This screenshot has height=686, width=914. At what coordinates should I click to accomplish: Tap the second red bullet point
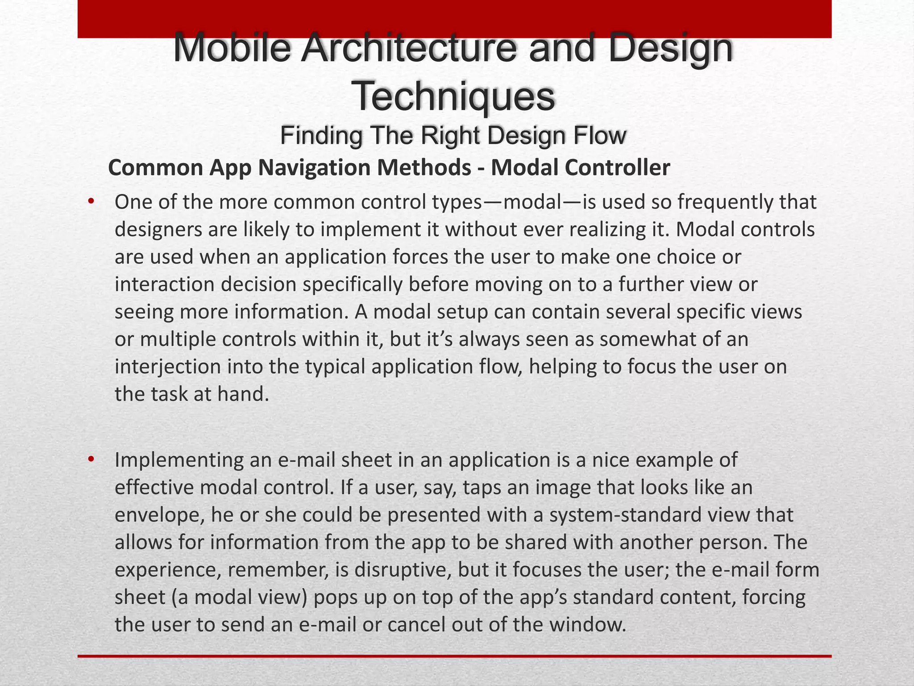pos(91,459)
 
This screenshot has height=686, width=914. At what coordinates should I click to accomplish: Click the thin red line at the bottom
pos(454,656)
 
